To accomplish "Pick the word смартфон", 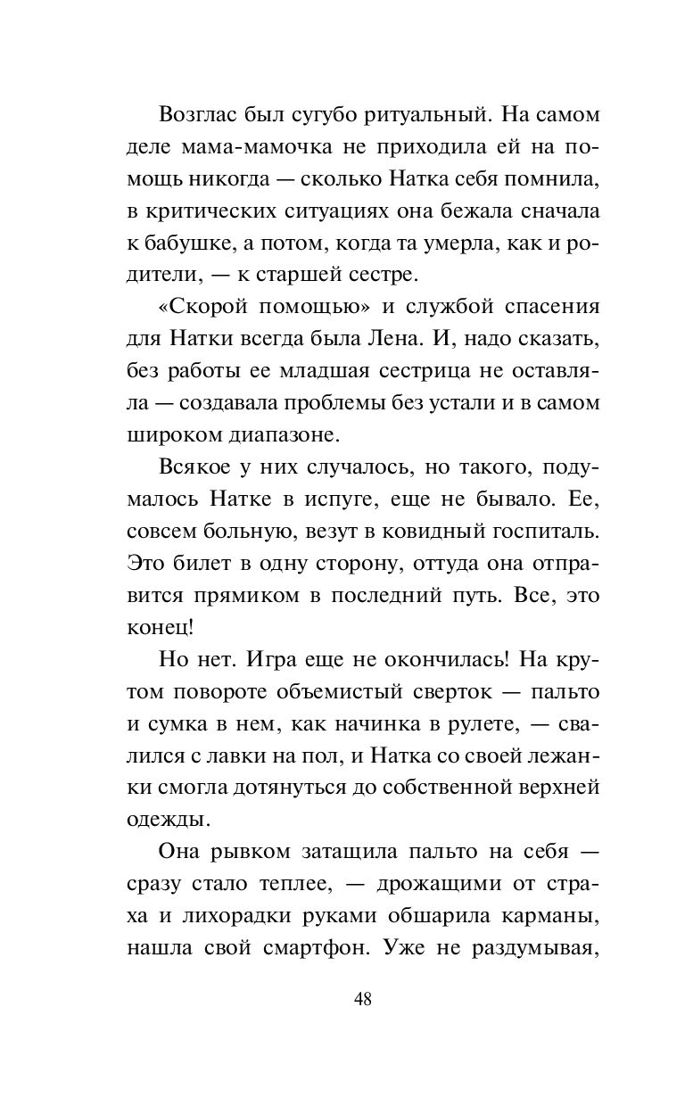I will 316,947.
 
